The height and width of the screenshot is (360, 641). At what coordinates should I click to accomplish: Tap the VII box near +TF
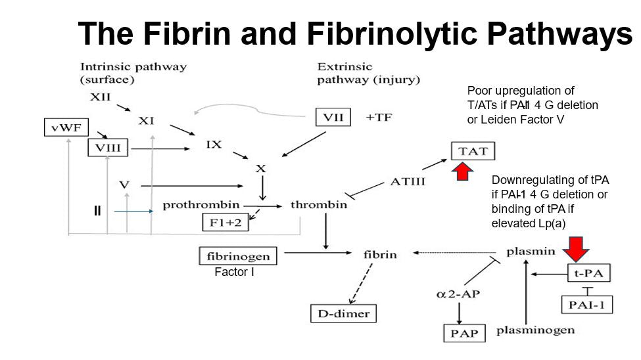[333, 117]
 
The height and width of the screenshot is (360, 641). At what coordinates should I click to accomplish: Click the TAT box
[473, 151]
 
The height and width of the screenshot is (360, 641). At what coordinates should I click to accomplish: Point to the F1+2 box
[225, 222]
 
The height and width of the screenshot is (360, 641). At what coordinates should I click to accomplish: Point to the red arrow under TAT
[463, 172]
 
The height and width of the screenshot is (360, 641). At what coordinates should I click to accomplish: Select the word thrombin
[319, 205]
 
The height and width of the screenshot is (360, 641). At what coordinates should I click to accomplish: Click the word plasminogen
[535, 330]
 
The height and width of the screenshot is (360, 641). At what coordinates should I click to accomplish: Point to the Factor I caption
[235, 271]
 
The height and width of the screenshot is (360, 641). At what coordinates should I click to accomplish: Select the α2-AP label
[458, 294]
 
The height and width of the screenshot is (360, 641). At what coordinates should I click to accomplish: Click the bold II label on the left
[97, 211]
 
